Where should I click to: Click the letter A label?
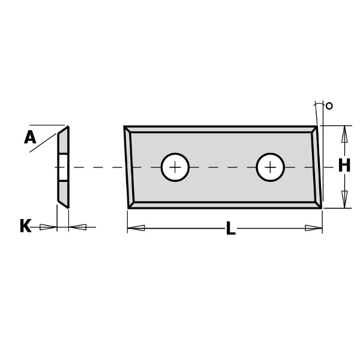coord(30,138)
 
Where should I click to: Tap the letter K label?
coord(25,227)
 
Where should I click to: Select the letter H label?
coord(344,166)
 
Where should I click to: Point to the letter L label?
coord(230,229)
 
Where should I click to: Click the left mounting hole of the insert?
coord(175,167)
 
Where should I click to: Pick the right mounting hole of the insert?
coord(270,167)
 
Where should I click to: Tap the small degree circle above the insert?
coord(329,106)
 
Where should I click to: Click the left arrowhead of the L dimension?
coord(136,228)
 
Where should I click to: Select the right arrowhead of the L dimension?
coord(313,228)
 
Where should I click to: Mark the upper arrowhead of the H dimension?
coord(344,134)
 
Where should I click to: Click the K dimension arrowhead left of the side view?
coord(48,227)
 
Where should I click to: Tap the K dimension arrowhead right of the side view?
coord(78,227)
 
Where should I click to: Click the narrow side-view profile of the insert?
coord(63,167)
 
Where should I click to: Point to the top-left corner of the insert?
coord(125,127)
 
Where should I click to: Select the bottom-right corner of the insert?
coord(320,207)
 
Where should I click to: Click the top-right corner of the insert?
coord(316,127)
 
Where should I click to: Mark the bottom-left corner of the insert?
coord(130,207)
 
